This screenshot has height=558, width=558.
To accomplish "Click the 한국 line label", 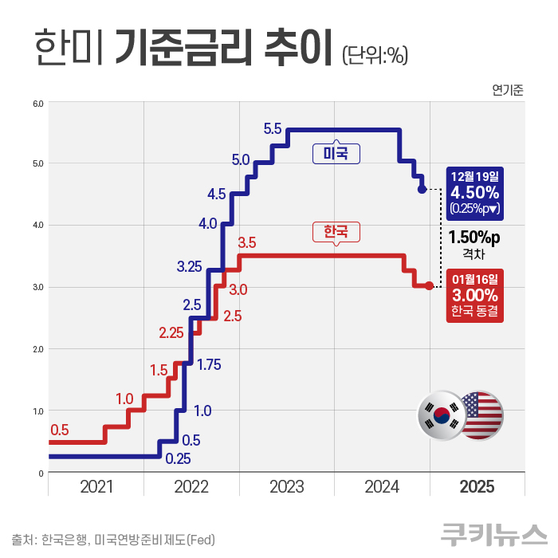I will (336, 231).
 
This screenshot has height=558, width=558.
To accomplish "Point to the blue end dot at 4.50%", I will (422, 190).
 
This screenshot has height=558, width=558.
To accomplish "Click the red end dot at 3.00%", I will (429, 285).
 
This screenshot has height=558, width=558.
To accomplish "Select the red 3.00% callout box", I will (474, 294).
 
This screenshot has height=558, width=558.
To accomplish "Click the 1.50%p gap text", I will (474, 237).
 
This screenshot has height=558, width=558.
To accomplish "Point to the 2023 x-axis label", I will (287, 486).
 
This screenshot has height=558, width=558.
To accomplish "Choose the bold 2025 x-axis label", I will (477, 486).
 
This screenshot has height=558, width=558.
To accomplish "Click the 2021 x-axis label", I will (96, 486).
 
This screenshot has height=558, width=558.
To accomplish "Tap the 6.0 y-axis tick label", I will (37, 103).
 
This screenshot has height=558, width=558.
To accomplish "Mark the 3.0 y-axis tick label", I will (37, 287).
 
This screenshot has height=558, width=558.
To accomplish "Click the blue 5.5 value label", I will (273, 128).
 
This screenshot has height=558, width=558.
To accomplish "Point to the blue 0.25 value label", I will (178, 458).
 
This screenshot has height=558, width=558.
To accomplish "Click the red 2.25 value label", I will (172, 333).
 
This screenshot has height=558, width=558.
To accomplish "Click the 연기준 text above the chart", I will (508, 89).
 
